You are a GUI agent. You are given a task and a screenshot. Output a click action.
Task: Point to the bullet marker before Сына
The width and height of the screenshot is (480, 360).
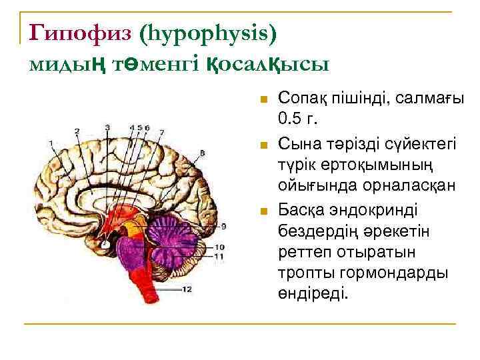tap(263, 143)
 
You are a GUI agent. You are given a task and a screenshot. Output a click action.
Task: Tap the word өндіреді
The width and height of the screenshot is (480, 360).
tap(313, 293)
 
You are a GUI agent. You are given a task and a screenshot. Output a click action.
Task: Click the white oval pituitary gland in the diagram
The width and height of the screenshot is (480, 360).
tap(105, 245)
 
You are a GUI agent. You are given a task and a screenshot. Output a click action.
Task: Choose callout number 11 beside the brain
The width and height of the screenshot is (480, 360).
tap(219, 256)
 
